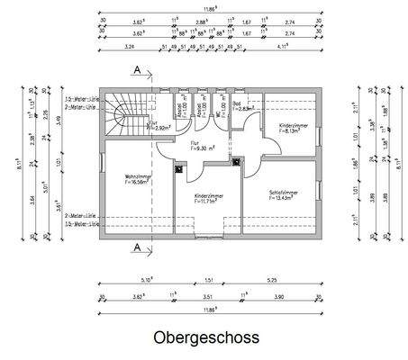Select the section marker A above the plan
point(136,69)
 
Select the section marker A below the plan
point(136,246)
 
